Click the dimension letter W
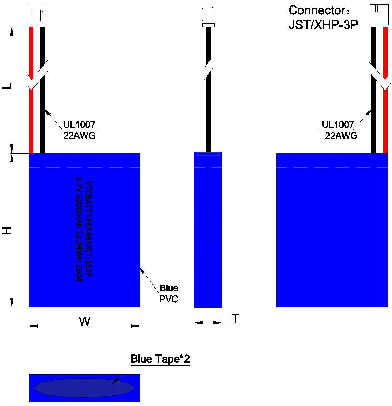click(85, 321)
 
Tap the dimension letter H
click(7, 231)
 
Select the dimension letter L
click(7, 86)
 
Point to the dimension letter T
click(235, 318)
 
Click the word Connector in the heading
click(317, 10)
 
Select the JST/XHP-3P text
click(323, 25)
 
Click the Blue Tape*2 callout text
click(160, 359)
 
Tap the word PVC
click(169, 299)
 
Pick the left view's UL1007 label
click(79, 125)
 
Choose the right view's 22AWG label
click(341, 136)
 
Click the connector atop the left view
click(37, 15)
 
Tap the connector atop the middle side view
click(209, 15)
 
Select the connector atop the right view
click(379, 15)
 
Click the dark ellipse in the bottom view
click(84, 388)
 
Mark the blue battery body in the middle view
click(208, 230)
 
